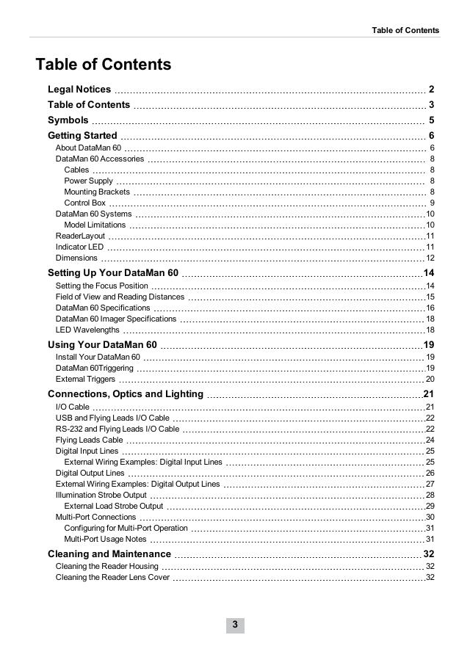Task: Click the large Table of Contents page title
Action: tap(104, 65)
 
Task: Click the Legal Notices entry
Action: tap(79, 90)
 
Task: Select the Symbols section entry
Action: tap(68, 120)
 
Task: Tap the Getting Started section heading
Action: tap(82, 136)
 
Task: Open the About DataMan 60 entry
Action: tap(88, 148)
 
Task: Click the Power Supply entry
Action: tap(89, 181)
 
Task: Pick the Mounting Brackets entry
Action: tap(97, 192)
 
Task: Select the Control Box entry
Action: tap(85, 203)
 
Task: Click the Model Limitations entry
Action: tap(95, 225)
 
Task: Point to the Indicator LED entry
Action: tap(80, 247)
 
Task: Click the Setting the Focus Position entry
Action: tap(102, 286)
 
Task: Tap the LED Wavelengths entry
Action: tap(87, 330)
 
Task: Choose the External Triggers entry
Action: tap(85, 379)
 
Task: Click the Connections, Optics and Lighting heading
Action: tap(126, 394)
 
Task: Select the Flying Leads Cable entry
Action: tap(90, 440)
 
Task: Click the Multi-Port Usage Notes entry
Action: tap(106, 540)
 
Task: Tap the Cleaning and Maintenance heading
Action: tap(109, 554)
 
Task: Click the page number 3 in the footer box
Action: tap(235, 625)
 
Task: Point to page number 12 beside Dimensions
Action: tap(430, 258)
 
